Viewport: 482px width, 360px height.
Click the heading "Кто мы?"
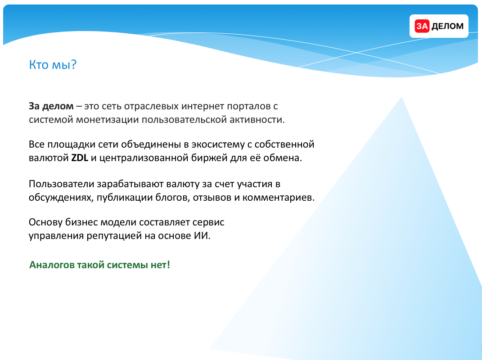click(x=53, y=64)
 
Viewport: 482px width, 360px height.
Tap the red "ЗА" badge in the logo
click(x=422, y=26)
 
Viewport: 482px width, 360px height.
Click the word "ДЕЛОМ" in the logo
click(x=447, y=27)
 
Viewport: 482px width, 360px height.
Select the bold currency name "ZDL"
click(x=80, y=157)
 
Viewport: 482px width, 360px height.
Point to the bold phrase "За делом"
click(x=51, y=106)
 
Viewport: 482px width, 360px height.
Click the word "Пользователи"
click(x=61, y=184)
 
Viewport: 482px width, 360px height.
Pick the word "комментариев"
click(x=279, y=198)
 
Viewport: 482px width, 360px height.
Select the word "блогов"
click(x=172, y=198)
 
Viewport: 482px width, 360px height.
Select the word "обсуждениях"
click(x=61, y=198)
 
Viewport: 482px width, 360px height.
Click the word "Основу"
click(x=45, y=222)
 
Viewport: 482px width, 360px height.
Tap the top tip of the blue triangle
click(x=401, y=97)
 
